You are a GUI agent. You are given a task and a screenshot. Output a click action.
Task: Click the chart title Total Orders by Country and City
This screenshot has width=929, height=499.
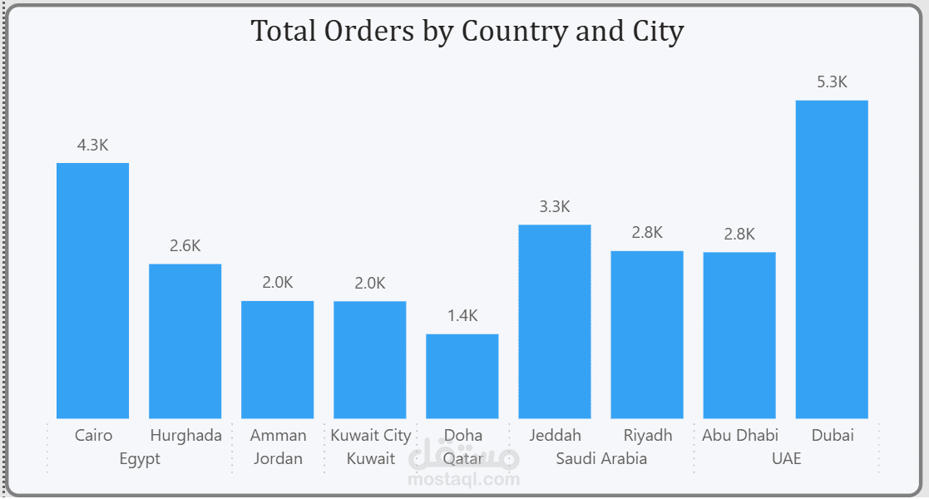(467, 32)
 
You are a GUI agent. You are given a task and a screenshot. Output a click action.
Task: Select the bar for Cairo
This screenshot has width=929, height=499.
(92, 290)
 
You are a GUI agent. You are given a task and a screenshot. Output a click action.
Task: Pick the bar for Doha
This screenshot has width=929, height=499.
(462, 376)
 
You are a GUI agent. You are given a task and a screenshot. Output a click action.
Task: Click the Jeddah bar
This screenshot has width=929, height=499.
(555, 321)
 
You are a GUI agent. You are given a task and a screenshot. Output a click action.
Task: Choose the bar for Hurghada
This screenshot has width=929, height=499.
(185, 341)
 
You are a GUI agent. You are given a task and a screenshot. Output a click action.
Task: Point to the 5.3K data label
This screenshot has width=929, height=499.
(832, 82)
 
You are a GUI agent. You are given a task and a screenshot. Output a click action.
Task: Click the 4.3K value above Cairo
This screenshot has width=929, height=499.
(92, 145)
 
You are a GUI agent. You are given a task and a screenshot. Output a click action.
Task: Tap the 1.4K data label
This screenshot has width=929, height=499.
(462, 316)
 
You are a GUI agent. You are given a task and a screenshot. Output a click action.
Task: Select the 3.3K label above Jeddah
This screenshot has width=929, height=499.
(555, 207)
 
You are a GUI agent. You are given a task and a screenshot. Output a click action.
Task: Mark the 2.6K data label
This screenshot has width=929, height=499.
(185, 246)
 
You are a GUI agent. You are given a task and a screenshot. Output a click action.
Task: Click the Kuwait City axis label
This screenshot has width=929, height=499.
(370, 435)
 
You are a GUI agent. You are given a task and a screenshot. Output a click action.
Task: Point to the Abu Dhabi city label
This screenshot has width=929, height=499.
(739, 435)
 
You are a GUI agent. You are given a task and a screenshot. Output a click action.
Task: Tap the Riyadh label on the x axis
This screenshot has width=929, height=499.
(647, 435)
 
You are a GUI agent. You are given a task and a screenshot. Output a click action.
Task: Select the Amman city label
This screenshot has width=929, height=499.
(278, 435)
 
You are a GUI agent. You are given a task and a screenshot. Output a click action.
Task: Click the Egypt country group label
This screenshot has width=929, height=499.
(139, 458)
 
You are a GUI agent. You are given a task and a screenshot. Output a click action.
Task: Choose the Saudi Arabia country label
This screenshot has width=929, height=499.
(601, 458)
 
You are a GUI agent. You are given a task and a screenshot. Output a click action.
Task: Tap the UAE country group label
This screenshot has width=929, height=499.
(786, 458)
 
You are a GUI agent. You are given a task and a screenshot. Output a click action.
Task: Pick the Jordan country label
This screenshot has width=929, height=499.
(278, 458)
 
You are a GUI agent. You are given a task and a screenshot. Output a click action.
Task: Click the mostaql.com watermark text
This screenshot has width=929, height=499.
(464, 479)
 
